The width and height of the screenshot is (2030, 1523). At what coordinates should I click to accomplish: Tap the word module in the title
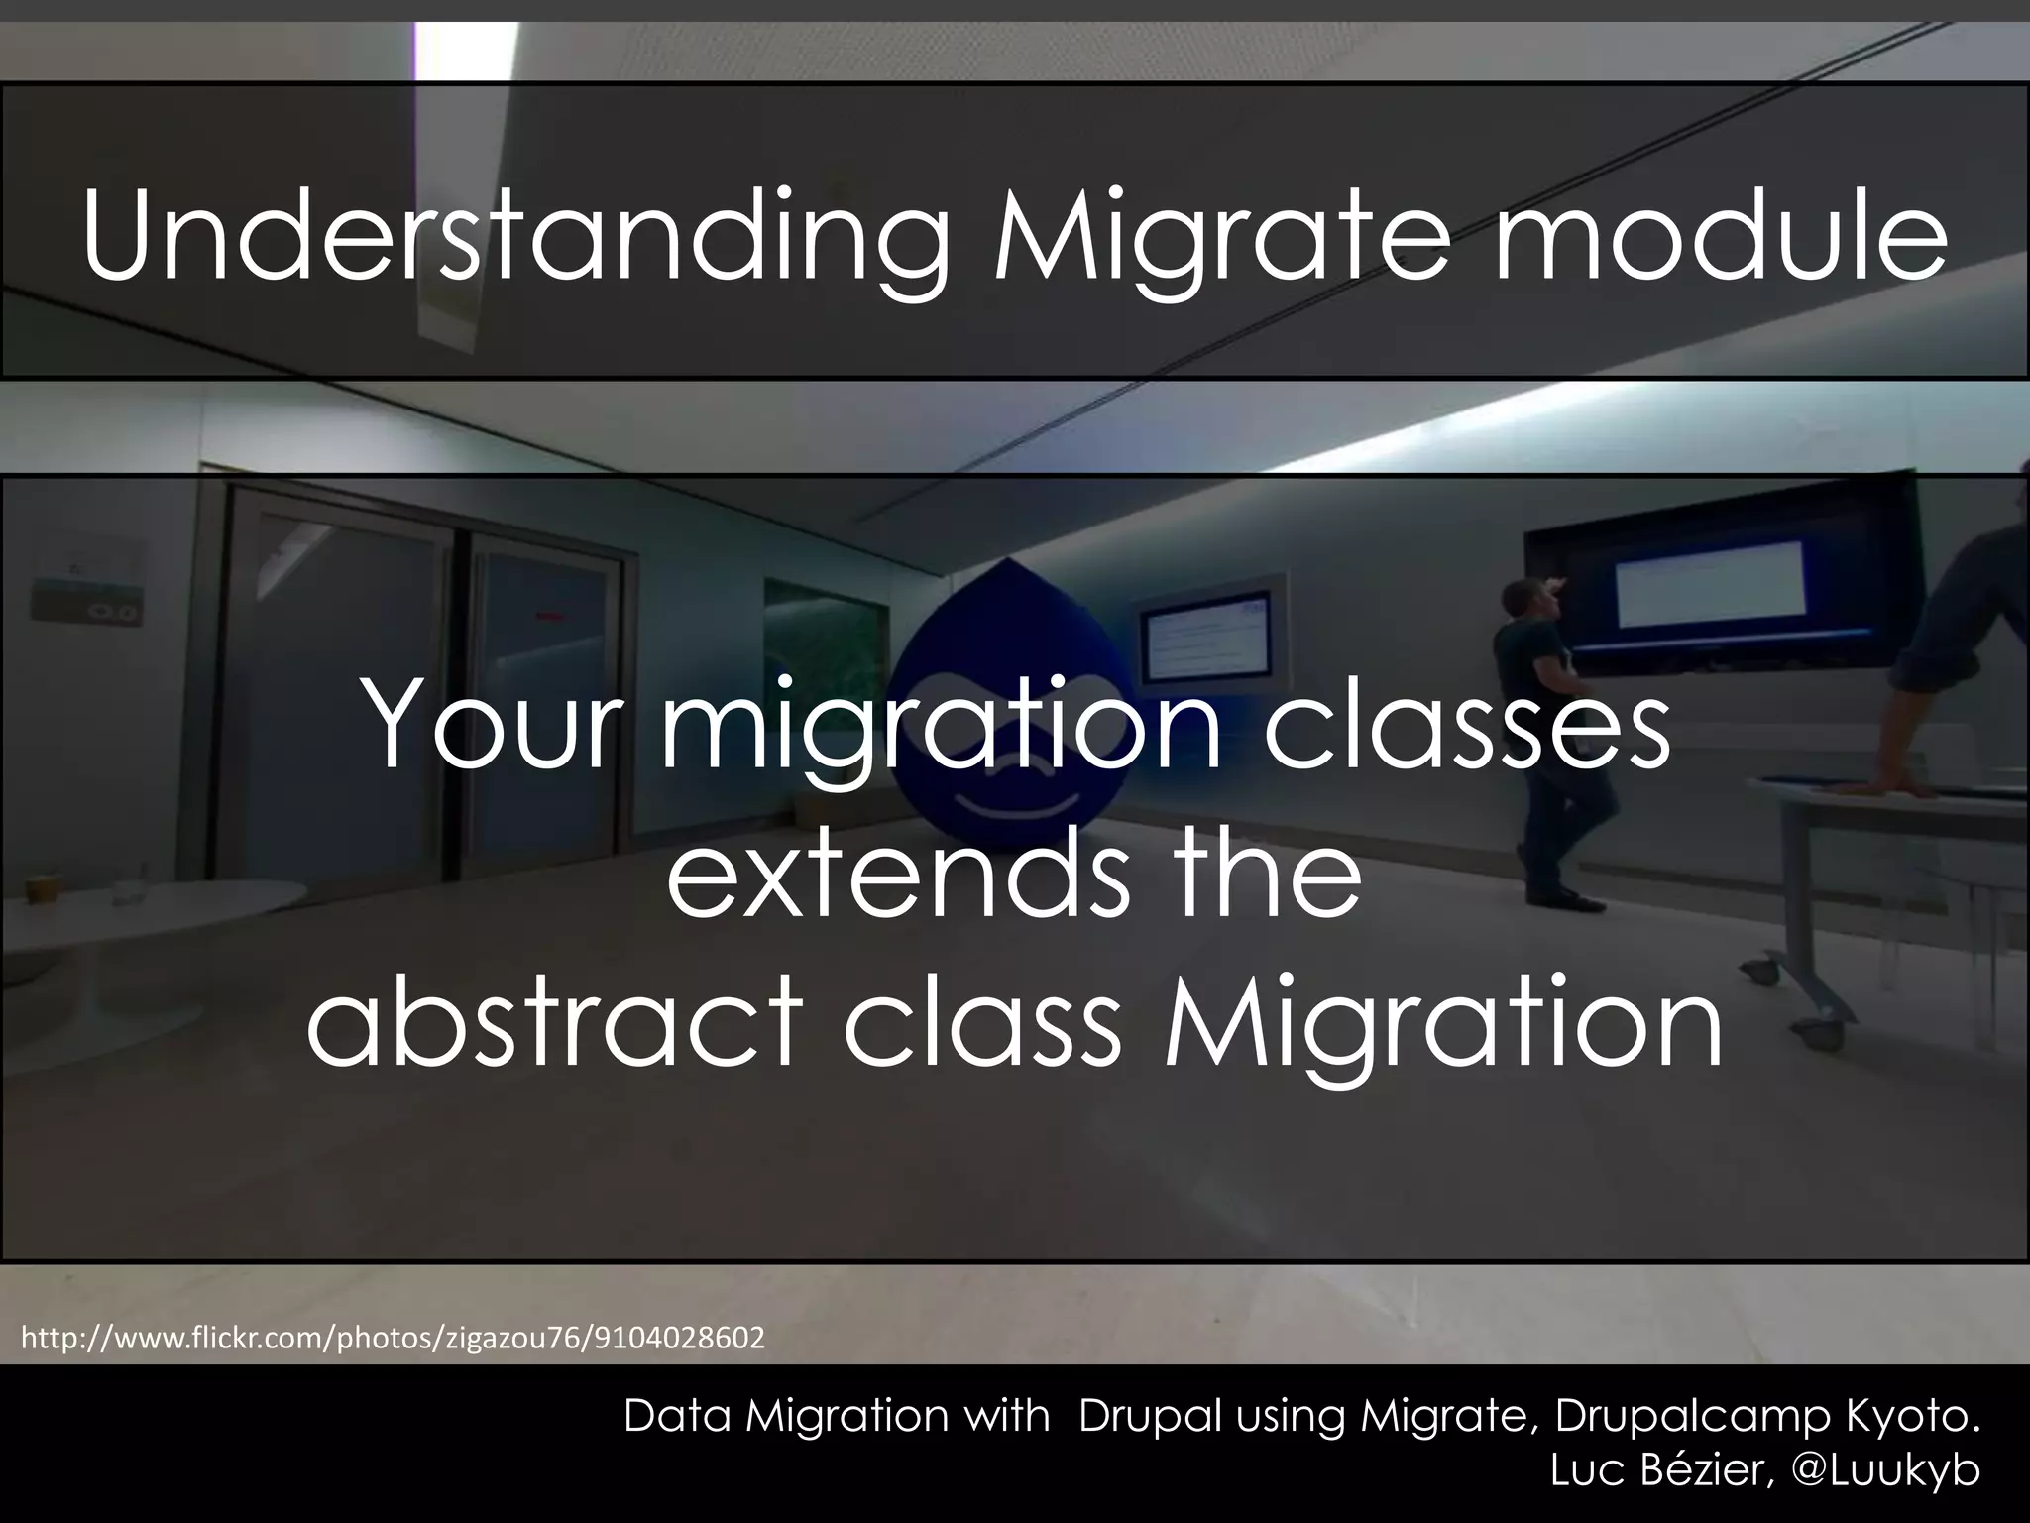[1720, 236]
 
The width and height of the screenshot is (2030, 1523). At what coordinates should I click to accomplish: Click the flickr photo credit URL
[393, 1339]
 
